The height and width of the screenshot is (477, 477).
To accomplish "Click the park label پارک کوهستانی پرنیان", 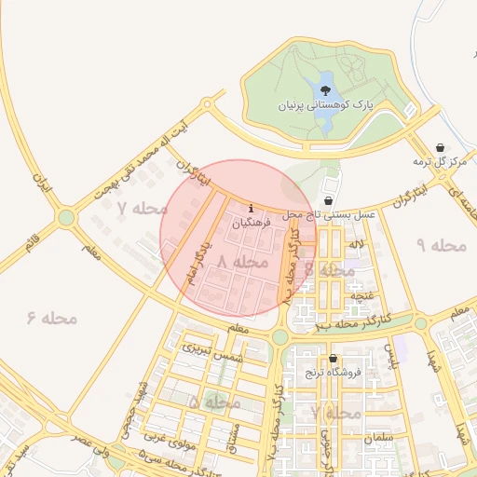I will [325, 107].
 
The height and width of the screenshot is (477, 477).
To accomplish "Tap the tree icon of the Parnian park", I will [325, 90].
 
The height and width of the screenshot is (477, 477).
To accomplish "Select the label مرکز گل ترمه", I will [440, 162].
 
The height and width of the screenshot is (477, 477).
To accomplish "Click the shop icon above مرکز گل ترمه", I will [440, 147].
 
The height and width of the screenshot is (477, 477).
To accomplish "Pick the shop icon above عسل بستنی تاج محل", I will [329, 200].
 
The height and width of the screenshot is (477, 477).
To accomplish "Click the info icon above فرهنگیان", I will [251, 207].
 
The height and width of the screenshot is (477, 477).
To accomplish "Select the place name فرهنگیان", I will [251, 224].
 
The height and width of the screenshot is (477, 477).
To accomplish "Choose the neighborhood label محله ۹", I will [441, 245].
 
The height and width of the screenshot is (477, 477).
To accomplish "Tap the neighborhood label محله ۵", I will [216, 402].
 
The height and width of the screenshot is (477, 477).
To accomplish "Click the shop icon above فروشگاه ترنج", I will [334, 358].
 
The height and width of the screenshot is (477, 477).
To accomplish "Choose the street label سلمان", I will [380, 437].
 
